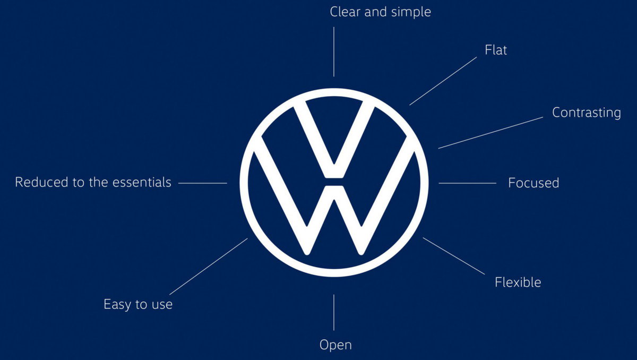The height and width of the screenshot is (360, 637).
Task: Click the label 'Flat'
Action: tap(496, 50)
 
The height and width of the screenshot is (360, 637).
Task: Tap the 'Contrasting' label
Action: tap(587, 113)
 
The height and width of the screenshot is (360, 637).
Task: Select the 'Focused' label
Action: tap(533, 183)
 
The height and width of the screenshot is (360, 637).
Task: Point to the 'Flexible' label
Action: tap(518, 282)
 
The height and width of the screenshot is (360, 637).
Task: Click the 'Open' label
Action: tap(335, 345)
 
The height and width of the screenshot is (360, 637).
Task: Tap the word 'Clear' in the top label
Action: tap(345, 12)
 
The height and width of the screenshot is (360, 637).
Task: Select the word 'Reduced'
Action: tap(41, 182)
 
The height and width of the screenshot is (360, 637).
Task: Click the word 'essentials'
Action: tap(142, 182)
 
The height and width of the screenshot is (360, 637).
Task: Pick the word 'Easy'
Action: tap(117, 305)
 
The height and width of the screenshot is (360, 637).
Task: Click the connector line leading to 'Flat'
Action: tap(443, 81)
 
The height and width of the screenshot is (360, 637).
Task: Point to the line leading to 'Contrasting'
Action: tap(490, 133)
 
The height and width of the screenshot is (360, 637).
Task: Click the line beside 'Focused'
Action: tap(468, 183)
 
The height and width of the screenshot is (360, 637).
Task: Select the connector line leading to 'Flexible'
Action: tap(454, 256)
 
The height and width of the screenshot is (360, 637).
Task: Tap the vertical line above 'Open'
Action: tap(334, 313)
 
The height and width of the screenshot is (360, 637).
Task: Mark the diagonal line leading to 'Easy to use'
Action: tap(209, 267)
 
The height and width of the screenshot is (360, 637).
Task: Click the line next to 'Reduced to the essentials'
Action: tap(203, 183)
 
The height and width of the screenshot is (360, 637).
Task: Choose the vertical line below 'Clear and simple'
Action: tap(334, 52)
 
